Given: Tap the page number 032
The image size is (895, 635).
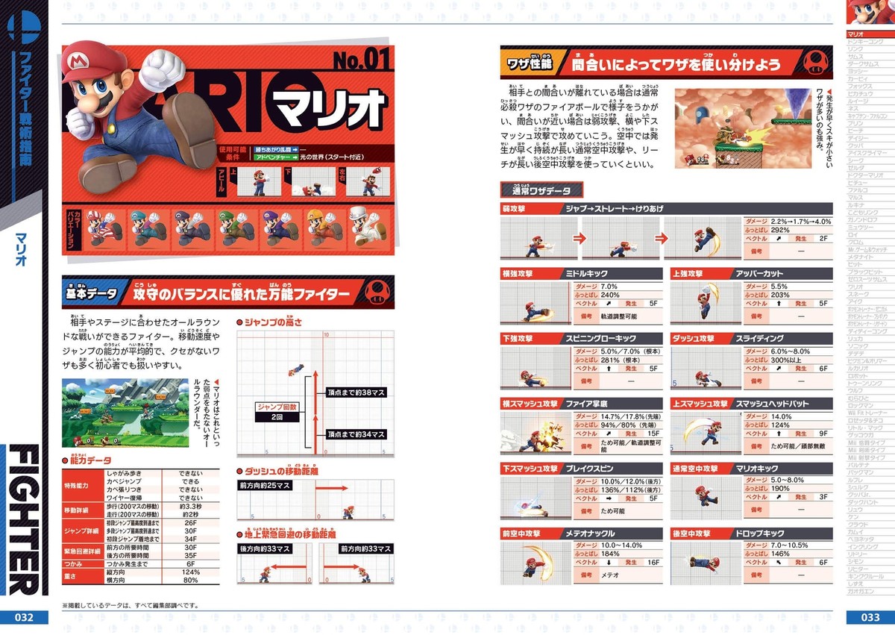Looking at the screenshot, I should tap(24, 617).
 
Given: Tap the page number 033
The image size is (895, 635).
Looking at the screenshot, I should tap(870, 617).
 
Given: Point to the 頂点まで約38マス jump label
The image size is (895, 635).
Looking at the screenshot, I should tap(356, 391).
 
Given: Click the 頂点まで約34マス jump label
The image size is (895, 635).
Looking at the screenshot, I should tap(356, 434).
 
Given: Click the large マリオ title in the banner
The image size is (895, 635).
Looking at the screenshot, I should tap(329, 111).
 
